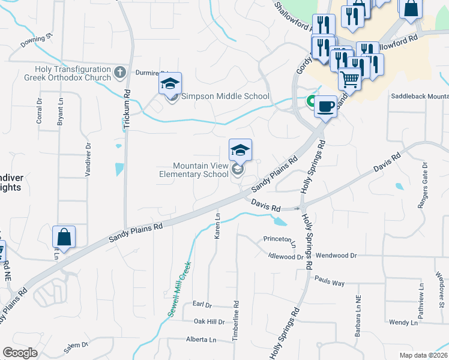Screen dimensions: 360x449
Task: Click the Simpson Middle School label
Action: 225,96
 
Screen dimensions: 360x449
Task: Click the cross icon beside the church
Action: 120,73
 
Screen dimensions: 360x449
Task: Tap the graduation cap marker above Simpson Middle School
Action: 170,84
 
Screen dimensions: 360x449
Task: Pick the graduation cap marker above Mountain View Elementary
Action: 240,150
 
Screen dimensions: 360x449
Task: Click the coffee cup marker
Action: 325,107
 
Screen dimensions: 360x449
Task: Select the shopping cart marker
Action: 349,79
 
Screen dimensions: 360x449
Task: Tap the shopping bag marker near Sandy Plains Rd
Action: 64,238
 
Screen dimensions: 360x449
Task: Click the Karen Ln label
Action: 218,226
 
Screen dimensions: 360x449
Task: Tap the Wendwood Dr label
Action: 336,256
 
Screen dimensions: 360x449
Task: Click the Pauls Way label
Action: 329,282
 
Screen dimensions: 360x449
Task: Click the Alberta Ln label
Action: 200,340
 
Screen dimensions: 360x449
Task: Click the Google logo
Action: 20,353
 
